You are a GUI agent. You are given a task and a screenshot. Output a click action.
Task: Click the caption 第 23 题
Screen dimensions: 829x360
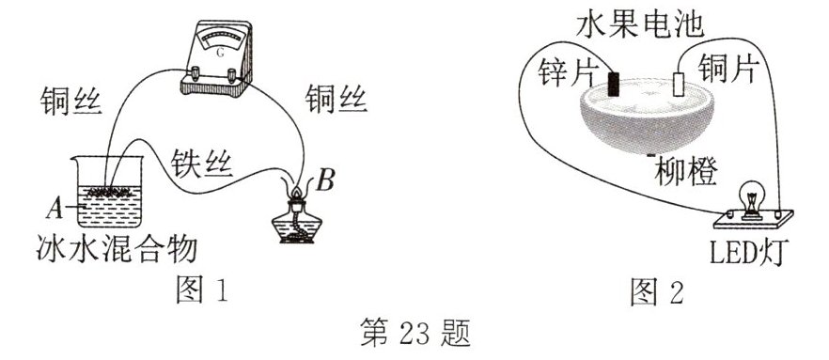414,334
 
